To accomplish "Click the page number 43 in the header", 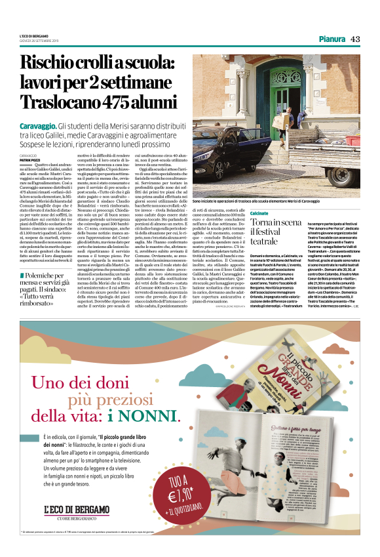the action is (355, 39).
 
